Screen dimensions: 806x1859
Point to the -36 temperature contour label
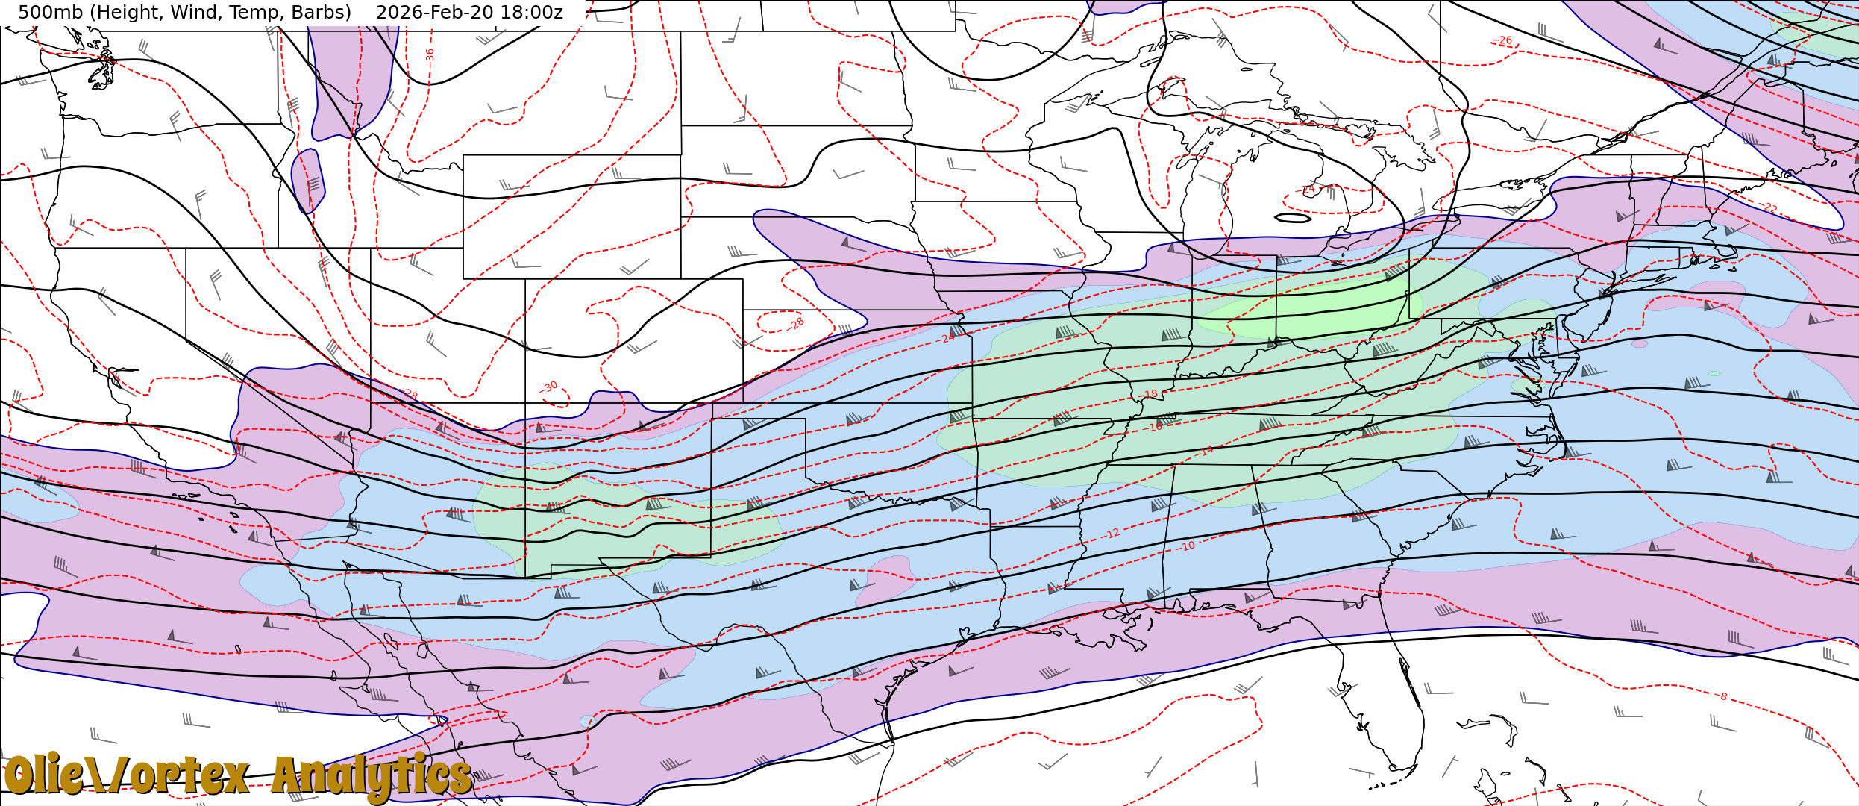[430, 54]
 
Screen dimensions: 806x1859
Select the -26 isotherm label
[1502, 40]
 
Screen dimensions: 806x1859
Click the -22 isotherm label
[1769, 207]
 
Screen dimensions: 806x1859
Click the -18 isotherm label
[1150, 394]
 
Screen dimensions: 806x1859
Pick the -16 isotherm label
[1155, 428]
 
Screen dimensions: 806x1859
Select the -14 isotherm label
[1207, 451]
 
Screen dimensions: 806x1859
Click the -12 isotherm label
[1112, 534]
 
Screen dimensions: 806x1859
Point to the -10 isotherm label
[1188, 546]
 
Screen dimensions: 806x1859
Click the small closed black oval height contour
[1293, 218]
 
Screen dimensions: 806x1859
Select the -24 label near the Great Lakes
[1307, 190]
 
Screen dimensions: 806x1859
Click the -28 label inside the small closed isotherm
[797, 323]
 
